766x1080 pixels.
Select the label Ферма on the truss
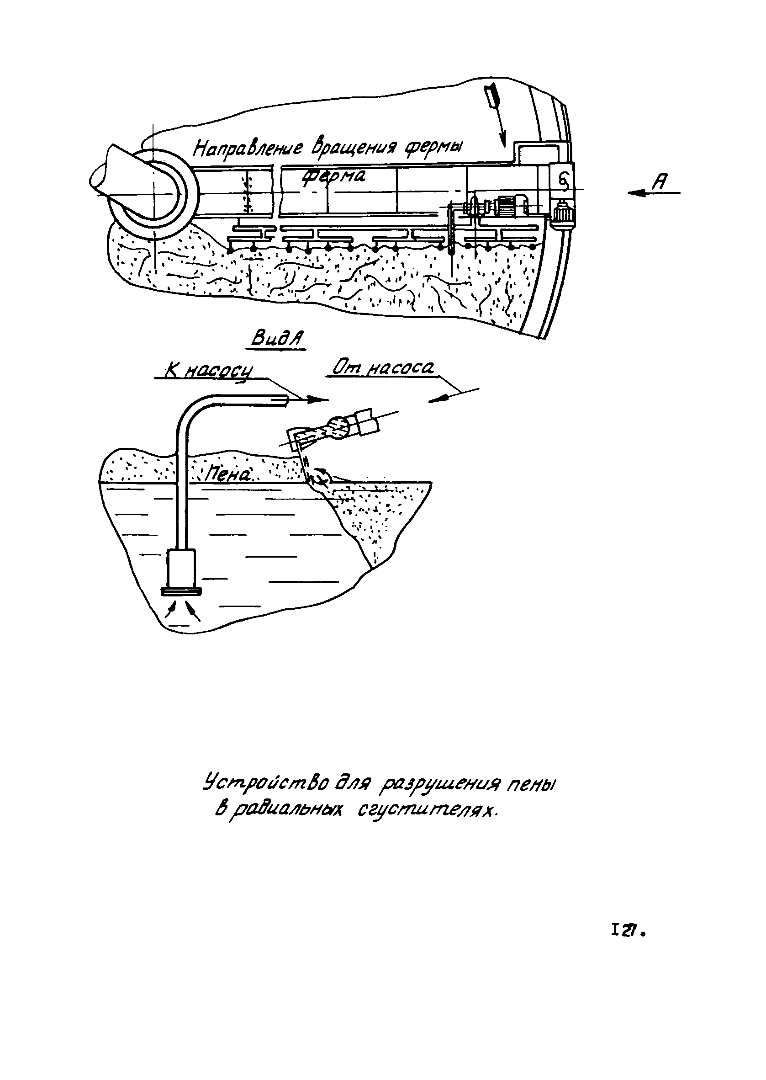click(333, 177)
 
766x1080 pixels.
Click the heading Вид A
click(277, 339)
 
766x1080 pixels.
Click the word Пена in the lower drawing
click(228, 475)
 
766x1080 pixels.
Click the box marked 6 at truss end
click(563, 178)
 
